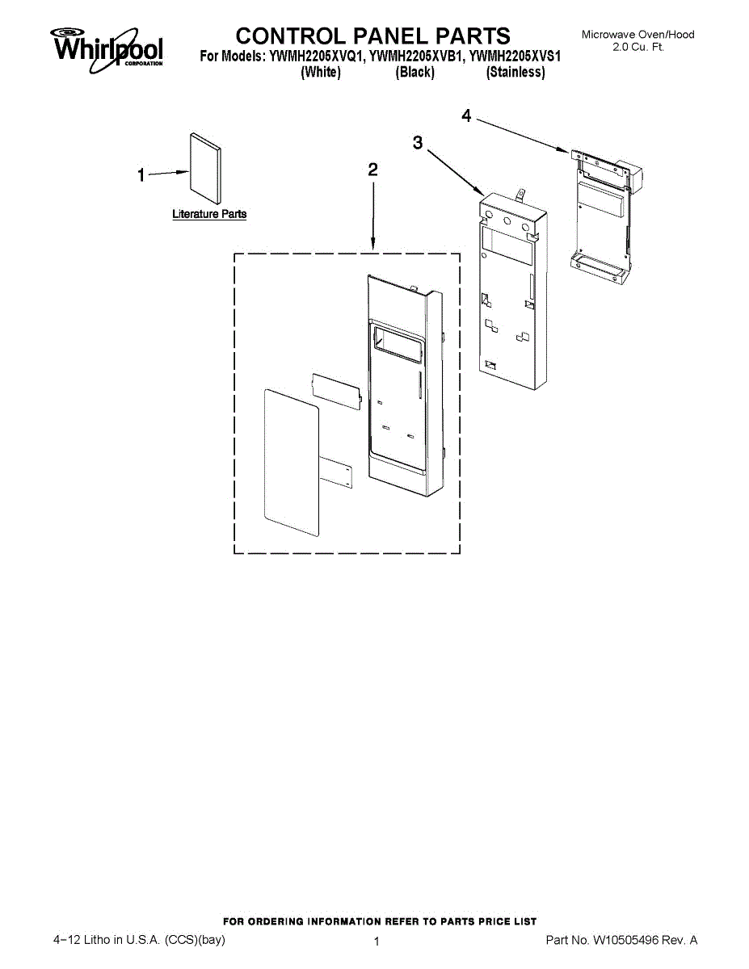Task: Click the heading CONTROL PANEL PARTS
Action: (372, 36)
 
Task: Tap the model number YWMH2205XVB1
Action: (416, 57)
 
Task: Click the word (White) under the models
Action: (320, 73)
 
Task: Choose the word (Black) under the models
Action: (415, 73)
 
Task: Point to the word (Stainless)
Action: (515, 73)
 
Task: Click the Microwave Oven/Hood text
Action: (637, 35)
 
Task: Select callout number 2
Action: (372, 170)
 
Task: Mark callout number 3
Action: (417, 143)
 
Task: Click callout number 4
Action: (466, 116)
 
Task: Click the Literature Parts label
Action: (209, 214)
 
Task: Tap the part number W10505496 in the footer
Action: (629, 940)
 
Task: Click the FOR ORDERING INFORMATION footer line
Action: (379, 921)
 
